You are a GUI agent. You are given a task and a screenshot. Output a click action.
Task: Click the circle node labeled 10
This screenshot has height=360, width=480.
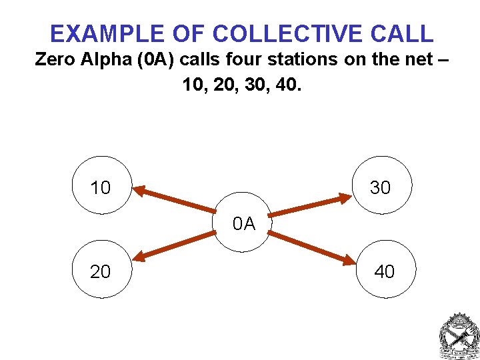[x=101, y=185]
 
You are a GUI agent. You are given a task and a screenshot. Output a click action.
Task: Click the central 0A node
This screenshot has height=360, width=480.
[x=244, y=223]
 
